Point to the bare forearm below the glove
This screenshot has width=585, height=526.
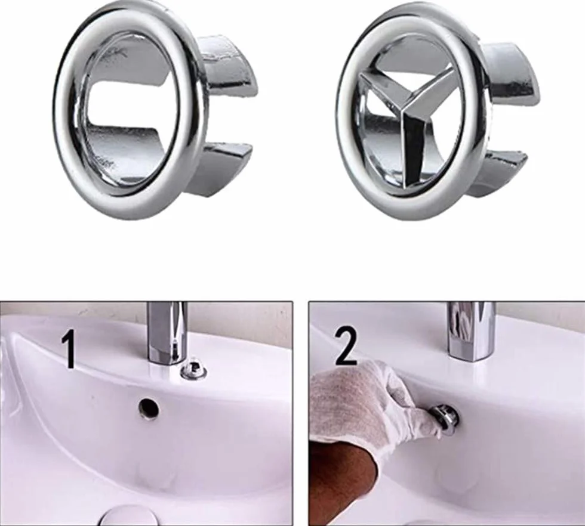(x=343, y=485)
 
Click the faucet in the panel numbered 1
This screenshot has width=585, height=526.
(x=167, y=333)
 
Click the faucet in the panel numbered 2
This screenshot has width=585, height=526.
(x=471, y=331)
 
